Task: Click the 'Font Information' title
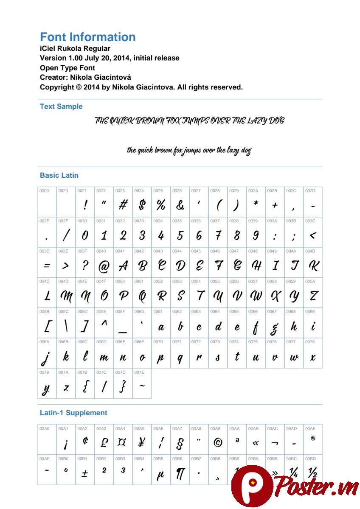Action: click(x=87, y=37)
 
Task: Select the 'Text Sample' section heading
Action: click(x=61, y=106)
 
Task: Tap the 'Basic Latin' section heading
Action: click(x=59, y=175)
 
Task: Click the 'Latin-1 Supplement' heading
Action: click(x=73, y=413)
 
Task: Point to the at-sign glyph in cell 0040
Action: click(x=104, y=266)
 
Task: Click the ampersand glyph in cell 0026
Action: click(x=180, y=205)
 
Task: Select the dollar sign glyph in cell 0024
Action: click(x=142, y=205)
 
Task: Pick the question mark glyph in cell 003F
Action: click(x=85, y=266)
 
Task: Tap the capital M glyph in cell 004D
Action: click(x=66, y=296)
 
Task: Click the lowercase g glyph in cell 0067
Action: click(x=275, y=327)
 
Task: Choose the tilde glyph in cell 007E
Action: click(x=142, y=386)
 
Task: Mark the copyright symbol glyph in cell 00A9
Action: click(x=217, y=443)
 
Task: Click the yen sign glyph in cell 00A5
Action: click(x=141, y=443)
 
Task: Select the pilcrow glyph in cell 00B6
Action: click(x=180, y=474)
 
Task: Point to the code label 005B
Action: click(x=44, y=311)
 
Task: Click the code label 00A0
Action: click(x=44, y=428)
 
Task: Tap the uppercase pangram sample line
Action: click(x=189, y=121)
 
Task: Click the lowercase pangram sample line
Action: click(x=189, y=151)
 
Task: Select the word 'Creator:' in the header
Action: click(x=54, y=77)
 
